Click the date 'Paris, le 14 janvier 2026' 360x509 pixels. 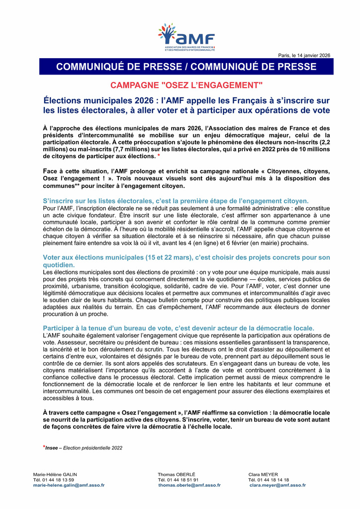click(304, 55)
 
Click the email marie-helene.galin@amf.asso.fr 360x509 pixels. click(69, 485)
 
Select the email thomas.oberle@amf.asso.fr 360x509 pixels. click(189, 485)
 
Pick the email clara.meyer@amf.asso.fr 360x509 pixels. click(278, 485)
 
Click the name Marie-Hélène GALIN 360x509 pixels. click(55, 474)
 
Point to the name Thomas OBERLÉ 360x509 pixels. click(177, 474)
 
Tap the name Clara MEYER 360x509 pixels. click(263, 474)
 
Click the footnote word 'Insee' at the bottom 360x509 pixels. click(52, 448)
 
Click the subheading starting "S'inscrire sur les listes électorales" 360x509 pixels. click(176, 201)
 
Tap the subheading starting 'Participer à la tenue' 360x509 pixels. click(179, 328)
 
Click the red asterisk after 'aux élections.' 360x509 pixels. click(159, 156)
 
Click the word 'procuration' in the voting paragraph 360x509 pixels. click(59, 315)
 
